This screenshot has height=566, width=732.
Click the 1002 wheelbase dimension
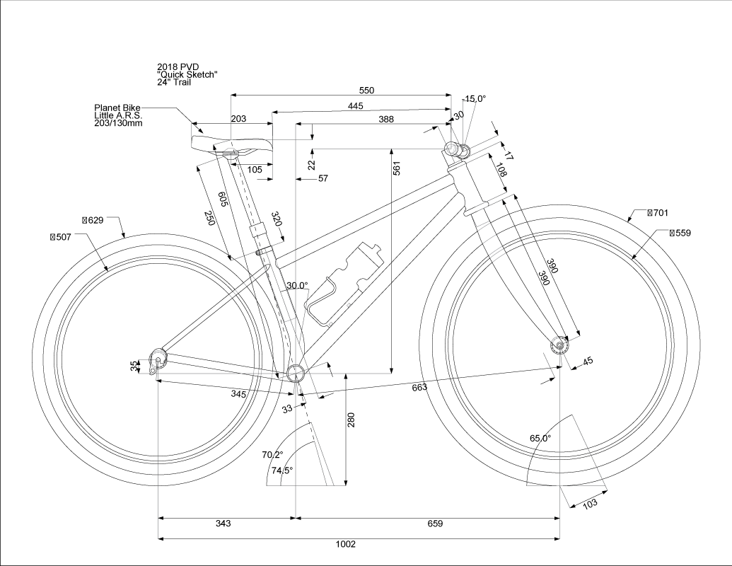click(346, 544)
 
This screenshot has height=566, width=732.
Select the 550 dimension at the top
click(366, 90)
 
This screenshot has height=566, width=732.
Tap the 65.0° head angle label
click(540, 439)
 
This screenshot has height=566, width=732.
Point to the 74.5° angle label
click(281, 470)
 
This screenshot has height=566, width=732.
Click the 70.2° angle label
click(272, 454)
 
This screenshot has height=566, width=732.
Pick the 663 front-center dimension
click(419, 388)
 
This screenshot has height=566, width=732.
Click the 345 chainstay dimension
click(238, 394)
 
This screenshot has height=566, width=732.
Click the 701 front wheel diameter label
click(658, 212)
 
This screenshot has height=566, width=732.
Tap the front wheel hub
click(559, 345)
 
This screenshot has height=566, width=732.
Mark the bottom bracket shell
click(296, 374)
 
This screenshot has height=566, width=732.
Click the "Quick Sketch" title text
click(187, 74)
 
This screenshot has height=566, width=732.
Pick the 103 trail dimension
click(589, 504)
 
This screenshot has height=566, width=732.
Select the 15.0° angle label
click(475, 99)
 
